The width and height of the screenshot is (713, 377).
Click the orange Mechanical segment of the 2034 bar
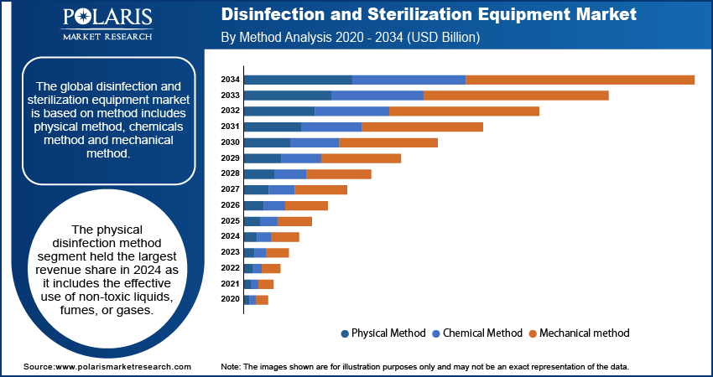(580, 80)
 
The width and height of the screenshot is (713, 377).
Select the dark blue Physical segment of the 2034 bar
(298, 80)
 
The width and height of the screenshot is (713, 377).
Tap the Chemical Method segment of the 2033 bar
(377, 96)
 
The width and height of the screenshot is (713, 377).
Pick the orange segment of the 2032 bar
(464, 111)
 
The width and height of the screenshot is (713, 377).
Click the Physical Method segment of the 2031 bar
(273, 127)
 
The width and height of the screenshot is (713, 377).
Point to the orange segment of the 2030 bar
(388, 142)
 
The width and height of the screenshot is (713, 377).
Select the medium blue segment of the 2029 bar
(301, 158)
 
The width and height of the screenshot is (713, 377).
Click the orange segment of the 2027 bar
(320, 189)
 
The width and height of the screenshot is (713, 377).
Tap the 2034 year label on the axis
(230, 80)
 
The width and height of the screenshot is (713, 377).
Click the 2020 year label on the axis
(230, 299)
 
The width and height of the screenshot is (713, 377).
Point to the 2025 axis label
(230, 221)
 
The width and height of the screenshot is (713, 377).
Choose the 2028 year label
(230, 173)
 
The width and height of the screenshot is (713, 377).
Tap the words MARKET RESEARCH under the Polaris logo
(107, 37)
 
